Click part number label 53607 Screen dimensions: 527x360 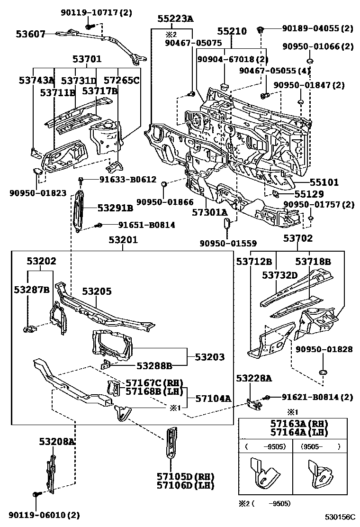[x=30, y=34]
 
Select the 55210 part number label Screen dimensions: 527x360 [x=232, y=31]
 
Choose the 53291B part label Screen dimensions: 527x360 [x=115, y=208]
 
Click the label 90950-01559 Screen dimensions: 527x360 [x=228, y=243]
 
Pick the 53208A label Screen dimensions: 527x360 [x=57, y=442]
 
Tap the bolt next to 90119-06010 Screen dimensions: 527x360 [x=36, y=495]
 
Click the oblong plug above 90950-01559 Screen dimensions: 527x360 [x=227, y=222]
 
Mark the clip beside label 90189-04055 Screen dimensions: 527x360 [x=260, y=30]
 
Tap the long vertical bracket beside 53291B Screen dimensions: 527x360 [x=78, y=211]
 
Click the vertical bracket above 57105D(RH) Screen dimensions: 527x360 [x=170, y=442]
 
